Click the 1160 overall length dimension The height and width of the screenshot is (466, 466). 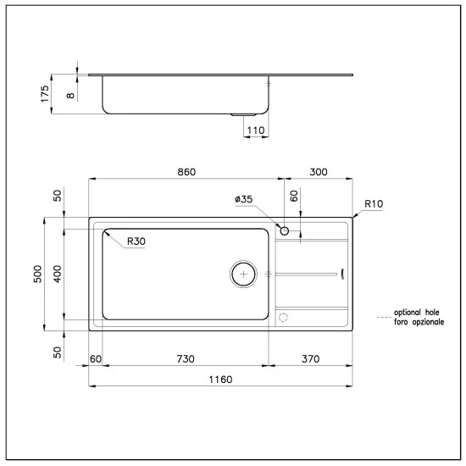coord(220,379)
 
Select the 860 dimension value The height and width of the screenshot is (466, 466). coord(186,172)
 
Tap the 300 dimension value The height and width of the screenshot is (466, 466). coord(318,172)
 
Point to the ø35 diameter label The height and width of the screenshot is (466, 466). coord(244,200)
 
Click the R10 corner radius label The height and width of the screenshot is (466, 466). coord(374,203)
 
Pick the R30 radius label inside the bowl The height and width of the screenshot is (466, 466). coord(136,241)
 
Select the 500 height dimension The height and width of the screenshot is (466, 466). coord(38,274)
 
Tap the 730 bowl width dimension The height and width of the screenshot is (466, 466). coord(181,359)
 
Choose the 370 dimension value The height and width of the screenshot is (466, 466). coord(310,359)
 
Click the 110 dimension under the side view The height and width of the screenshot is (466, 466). coord(256,130)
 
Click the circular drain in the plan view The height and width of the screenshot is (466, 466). coord(244,274)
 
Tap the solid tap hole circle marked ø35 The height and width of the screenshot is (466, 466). coord(285,230)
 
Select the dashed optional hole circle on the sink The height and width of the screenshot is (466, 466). coord(285,317)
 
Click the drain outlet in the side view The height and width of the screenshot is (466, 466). coord(245,114)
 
